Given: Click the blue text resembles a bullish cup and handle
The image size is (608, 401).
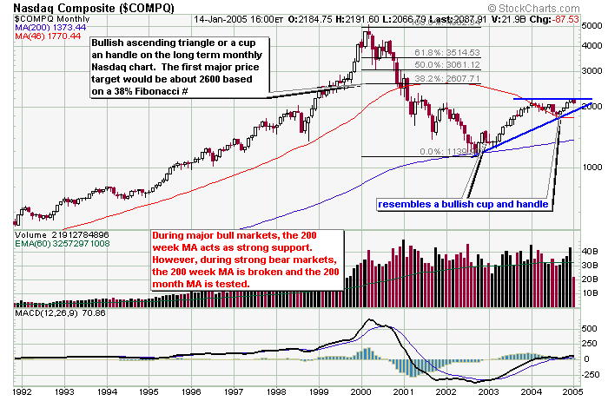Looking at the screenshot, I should tap(462, 205).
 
